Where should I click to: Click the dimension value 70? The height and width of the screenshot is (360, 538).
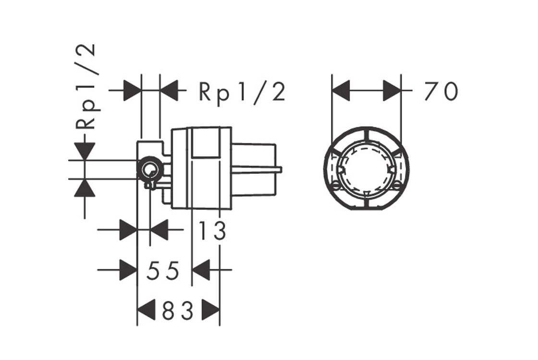point(441,91)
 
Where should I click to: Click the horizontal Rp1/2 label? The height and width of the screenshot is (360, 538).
point(242,92)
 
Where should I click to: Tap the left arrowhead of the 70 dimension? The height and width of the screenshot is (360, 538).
point(341,91)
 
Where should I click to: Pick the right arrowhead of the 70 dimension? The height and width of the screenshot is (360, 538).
point(392,91)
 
